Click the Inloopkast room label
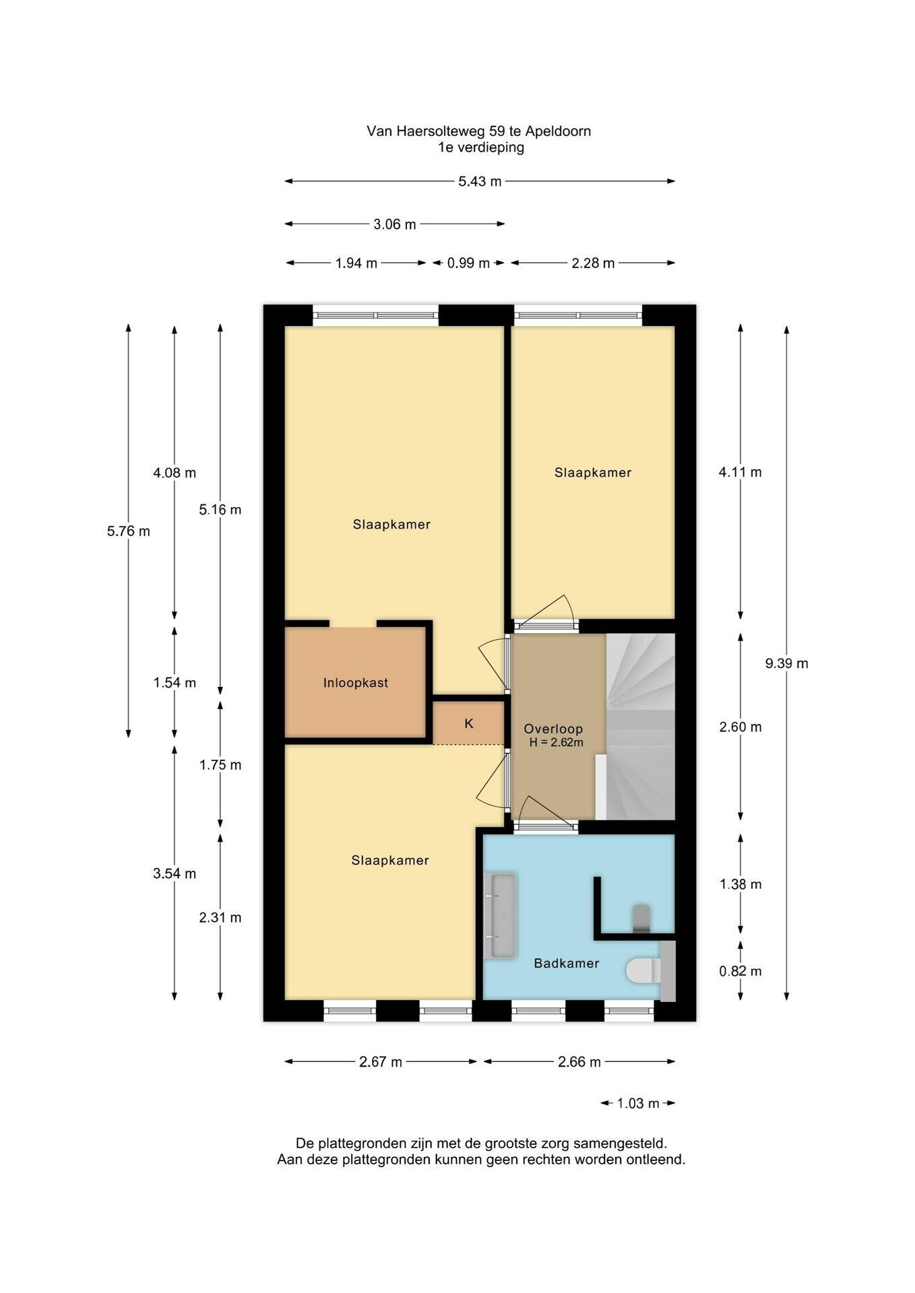pos(355,683)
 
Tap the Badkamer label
pos(566,964)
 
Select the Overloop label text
pos(553,729)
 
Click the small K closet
pos(468,723)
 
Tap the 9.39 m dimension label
pos(786,663)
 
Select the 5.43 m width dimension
pos(480,181)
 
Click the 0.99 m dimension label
pos(468,263)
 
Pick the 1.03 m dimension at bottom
pos(638,1103)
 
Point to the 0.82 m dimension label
pos(740,971)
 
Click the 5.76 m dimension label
pos(129,531)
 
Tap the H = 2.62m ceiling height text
pos(557,743)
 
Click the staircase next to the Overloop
pos(641,727)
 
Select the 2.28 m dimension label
pos(593,263)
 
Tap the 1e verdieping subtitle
pos(481,147)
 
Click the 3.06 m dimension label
pos(395,224)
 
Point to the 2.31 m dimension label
pos(220,917)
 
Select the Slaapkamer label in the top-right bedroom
pos(593,473)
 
